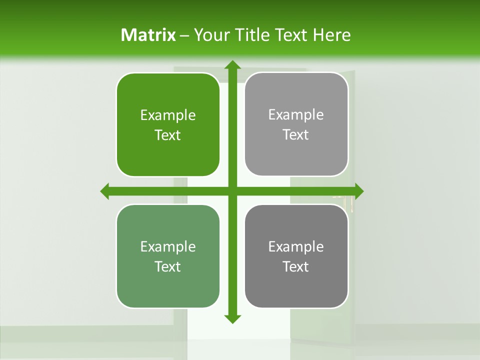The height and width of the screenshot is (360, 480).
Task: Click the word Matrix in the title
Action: point(148,35)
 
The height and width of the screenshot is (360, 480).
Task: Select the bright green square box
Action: point(168,125)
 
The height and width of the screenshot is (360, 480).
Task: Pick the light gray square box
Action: point(296,124)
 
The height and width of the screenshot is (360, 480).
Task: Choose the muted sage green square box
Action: point(168,256)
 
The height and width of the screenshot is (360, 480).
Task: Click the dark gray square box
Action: point(296,256)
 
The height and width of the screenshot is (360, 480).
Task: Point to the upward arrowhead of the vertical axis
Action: point(232,65)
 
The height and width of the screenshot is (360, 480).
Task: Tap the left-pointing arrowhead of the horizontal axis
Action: point(105,191)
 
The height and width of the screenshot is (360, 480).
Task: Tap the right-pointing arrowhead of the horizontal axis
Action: point(358,191)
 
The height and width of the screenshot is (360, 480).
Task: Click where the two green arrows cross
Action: point(232,191)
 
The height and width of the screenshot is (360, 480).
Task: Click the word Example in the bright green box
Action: point(168,115)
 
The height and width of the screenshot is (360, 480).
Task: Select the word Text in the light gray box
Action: point(296,135)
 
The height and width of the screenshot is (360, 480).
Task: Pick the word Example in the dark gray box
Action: point(296,246)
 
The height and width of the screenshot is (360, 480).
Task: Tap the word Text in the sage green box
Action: point(168,266)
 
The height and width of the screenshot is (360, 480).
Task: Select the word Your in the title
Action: point(209,35)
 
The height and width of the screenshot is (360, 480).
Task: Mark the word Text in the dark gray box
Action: point(296,266)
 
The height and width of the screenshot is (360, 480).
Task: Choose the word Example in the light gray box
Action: point(296,115)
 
